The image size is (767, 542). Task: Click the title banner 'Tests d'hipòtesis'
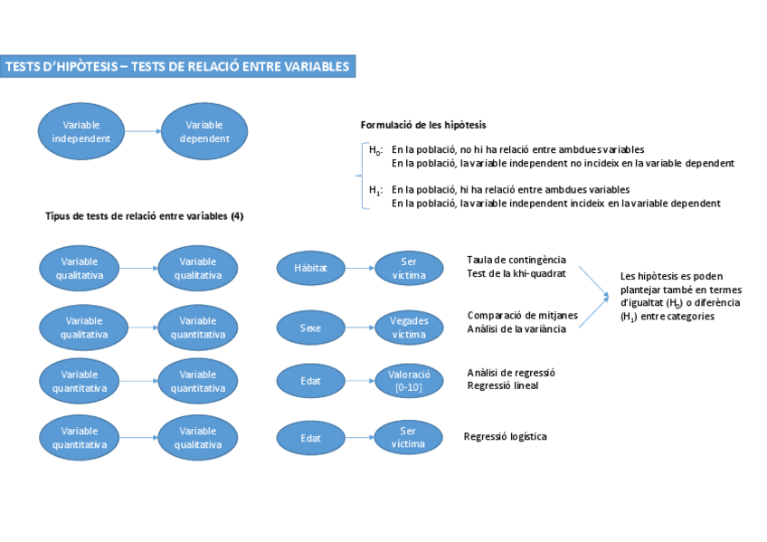pos(177,66)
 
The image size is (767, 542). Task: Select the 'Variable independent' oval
pos(81,131)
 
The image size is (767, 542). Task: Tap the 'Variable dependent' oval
pos(204,131)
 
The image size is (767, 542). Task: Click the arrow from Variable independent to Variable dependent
pos(143,131)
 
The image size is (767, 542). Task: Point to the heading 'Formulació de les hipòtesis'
pos(423,125)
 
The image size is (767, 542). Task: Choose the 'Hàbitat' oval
pos(310,269)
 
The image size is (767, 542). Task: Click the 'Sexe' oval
pos(310,328)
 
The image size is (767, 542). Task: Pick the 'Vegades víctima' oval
pos(409,328)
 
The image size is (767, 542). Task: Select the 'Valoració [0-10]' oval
pos(409,381)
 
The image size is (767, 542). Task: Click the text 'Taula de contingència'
pos(516,260)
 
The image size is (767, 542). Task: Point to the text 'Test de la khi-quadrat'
pos(516,273)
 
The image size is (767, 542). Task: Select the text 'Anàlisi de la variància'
pos(516,329)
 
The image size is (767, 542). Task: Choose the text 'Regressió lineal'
pos(503,385)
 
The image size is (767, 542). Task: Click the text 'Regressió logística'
pos(506,436)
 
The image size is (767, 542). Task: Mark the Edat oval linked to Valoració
pos(310,381)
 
